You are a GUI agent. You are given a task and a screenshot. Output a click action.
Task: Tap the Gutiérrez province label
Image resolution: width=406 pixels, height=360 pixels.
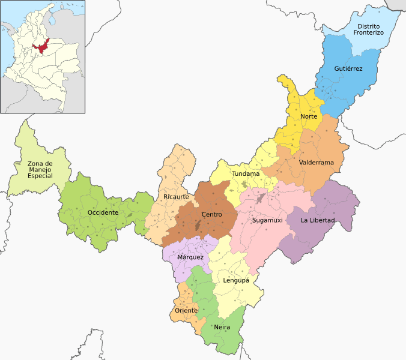tap(348, 69)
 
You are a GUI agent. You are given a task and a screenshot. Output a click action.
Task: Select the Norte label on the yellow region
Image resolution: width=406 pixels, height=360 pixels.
tap(309, 116)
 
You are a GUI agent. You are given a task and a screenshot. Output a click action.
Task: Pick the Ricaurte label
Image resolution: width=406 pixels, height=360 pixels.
tap(176, 197)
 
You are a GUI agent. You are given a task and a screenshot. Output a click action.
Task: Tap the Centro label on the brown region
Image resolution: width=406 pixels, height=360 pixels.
tap(211, 214)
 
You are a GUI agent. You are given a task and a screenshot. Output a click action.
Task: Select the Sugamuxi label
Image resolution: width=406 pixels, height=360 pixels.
tap(267, 221)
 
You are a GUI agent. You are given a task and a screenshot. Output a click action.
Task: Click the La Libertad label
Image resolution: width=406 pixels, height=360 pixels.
tap(318, 221)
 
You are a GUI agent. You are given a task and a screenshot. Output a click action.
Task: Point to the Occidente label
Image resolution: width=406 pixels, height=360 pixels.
tap(103, 213)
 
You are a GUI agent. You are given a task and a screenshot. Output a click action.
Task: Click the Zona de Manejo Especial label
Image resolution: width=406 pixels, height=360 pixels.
tap(40, 170)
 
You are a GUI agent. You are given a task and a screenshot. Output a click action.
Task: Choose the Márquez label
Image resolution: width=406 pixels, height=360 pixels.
tap(190, 257)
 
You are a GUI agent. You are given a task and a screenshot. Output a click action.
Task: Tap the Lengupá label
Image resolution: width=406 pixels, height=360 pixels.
tap(236, 280)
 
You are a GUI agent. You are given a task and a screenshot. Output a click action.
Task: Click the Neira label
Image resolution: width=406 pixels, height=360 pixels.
tap(222, 327)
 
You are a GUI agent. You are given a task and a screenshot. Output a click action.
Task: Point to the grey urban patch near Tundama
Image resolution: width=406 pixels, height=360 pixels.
tap(260, 198)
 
